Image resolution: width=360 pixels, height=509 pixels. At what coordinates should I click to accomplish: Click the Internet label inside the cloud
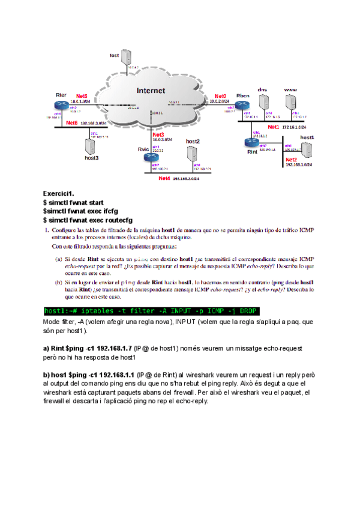click(x=151, y=91)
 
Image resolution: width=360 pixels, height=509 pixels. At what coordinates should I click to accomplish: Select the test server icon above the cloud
click(x=127, y=58)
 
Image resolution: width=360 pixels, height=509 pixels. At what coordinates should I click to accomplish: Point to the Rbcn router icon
click(x=242, y=106)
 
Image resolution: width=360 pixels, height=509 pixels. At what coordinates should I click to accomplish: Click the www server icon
click(x=290, y=103)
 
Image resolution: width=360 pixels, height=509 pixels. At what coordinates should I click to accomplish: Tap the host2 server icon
click(x=192, y=154)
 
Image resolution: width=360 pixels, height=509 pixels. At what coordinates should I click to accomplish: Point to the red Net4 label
click(x=164, y=178)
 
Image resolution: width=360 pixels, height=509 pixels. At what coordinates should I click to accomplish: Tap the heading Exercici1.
click(x=58, y=193)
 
